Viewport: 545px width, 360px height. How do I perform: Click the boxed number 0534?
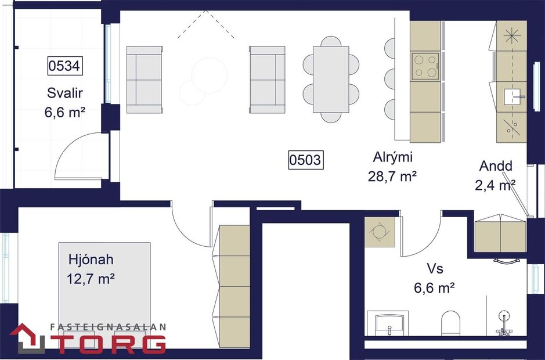(x=64, y=66)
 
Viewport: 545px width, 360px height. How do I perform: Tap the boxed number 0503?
(x=305, y=159)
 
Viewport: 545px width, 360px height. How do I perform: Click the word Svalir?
(x=64, y=93)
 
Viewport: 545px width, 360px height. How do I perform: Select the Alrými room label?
(x=392, y=157)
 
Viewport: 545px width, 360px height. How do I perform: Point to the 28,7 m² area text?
(x=392, y=176)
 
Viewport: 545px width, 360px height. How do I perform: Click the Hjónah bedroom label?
(x=91, y=260)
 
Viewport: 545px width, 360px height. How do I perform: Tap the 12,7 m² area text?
(x=91, y=279)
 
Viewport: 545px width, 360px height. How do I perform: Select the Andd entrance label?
(x=496, y=166)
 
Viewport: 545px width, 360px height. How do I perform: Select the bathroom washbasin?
(x=388, y=323)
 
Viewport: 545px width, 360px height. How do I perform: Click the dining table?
(x=331, y=80)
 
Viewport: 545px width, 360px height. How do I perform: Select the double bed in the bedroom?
(x=104, y=290)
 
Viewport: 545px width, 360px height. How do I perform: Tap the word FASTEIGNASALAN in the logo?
(x=109, y=327)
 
